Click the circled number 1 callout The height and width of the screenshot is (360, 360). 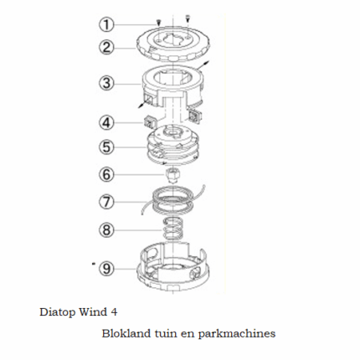(106, 24)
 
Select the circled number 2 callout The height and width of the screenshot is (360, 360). (106, 47)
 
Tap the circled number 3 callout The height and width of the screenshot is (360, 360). (106, 83)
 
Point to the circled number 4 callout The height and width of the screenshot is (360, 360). (106, 123)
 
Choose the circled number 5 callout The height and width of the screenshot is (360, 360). (106, 147)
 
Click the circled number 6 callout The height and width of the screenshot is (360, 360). (106, 174)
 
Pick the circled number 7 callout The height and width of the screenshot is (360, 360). (106, 202)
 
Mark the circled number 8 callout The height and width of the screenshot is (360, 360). (106, 230)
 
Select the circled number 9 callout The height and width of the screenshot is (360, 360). (106, 269)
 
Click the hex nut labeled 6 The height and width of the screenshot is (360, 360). (172, 175)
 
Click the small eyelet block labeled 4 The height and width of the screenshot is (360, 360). (149, 122)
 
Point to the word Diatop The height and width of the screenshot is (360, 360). (57, 312)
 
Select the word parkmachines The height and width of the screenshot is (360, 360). (237, 334)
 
